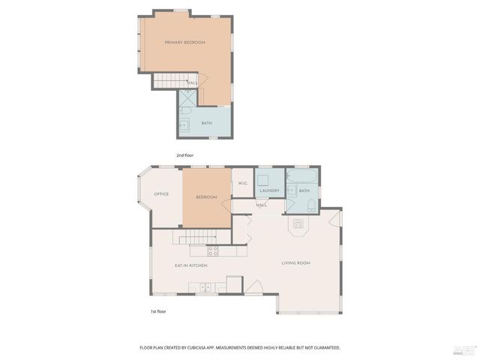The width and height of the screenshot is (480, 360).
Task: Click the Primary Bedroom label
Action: pos(184,43)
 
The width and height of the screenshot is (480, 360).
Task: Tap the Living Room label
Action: pos(295,263)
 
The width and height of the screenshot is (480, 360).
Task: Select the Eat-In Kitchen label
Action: pos(191,265)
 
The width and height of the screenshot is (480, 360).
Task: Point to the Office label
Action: pos(161,194)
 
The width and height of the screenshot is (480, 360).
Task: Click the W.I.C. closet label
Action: pos(243,184)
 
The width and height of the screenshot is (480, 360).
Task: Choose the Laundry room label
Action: pos(269,190)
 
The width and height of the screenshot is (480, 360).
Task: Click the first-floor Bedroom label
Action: pos(206,197)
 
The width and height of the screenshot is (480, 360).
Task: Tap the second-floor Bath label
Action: pos(206,123)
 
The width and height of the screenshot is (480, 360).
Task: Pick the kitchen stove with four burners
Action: pos(212,250)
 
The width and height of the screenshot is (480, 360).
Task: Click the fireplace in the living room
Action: pos(298,224)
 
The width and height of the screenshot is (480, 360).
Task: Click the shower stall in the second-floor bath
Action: pos(187,97)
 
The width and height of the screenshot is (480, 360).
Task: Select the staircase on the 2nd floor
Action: pos(169,80)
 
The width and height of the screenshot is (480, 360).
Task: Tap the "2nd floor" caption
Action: pos(185,155)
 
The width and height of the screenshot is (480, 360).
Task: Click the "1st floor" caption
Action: pos(157,310)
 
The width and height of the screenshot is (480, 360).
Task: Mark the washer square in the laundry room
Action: pos(263,179)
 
